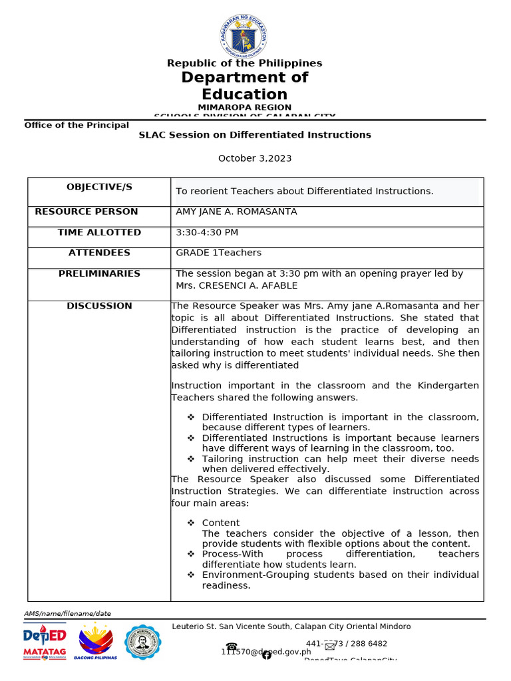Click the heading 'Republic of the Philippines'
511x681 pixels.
click(x=244, y=63)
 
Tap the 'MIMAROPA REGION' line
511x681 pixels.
click(x=244, y=107)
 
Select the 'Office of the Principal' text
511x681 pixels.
click(x=77, y=125)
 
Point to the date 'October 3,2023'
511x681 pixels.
click(x=255, y=158)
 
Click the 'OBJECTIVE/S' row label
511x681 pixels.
click(x=99, y=187)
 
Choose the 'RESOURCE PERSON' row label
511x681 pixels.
click(x=86, y=211)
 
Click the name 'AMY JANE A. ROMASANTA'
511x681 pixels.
click(x=236, y=211)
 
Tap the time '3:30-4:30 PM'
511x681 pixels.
click(x=207, y=232)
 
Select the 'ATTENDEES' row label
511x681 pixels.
click(x=99, y=253)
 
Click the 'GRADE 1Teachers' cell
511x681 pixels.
click(x=218, y=253)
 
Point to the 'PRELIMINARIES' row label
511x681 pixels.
click(x=99, y=273)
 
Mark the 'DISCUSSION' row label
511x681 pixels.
click(x=99, y=306)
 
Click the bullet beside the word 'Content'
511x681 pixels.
click(x=190, y=523)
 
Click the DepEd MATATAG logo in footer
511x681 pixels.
click(x=45, y=642)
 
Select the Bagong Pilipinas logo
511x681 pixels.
click(x=97, y=642)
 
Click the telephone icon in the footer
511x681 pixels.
click(x=232, y=646)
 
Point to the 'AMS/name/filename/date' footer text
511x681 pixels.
click(x=68, y=613)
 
